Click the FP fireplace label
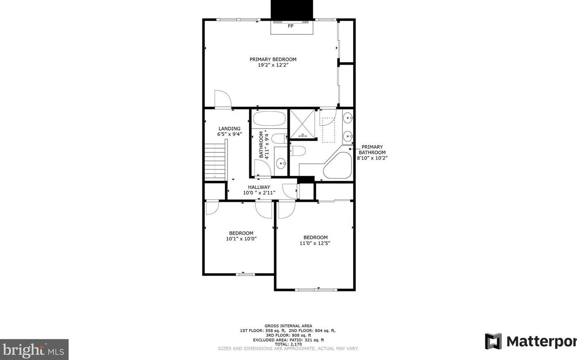290,26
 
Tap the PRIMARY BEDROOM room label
273,59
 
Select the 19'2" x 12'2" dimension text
273,65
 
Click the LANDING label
229,128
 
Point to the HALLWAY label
259,187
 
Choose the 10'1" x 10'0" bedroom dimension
241,239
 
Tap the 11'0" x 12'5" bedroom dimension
315,243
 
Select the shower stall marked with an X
302,124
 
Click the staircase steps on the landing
215,162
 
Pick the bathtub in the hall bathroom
270,118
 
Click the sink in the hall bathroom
281,163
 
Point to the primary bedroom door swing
223,99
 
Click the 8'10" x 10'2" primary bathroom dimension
372,158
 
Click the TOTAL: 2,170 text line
288,344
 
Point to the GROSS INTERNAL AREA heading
288,326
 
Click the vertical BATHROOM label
261,145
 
